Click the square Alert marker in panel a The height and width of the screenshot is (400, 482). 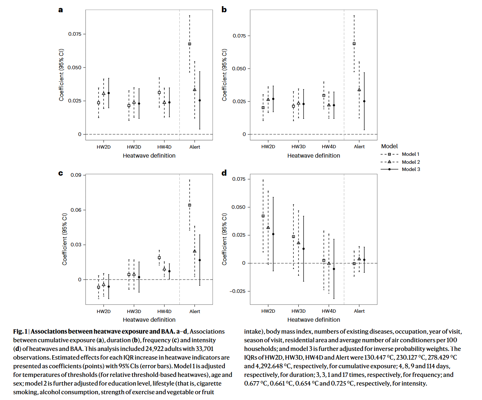coord(189,44)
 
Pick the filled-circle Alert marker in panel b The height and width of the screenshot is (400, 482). coord(364,101)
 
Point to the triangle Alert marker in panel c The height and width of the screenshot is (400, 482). coord(195,251)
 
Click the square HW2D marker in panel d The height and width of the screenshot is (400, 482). coord(263,216)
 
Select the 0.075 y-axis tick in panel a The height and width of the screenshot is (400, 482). coord(75,34)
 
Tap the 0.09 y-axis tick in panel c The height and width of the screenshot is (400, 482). coord(76,175)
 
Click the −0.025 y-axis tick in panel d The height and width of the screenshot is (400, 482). coord(237,291)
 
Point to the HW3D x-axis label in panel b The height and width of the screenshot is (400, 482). coord(298,147)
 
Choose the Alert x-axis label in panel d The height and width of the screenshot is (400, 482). coord(359,311)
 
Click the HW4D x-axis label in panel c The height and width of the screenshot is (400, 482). coord(165,311)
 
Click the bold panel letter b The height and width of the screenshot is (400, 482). coord(224,10)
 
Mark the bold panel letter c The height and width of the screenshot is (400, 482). coord(61,173)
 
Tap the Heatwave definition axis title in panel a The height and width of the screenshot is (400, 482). coord(149,155)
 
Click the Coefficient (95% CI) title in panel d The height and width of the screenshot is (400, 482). coord(224,239)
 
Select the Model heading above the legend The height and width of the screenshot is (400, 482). coord(389,146)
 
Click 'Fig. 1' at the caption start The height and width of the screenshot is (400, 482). coord(20,331)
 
